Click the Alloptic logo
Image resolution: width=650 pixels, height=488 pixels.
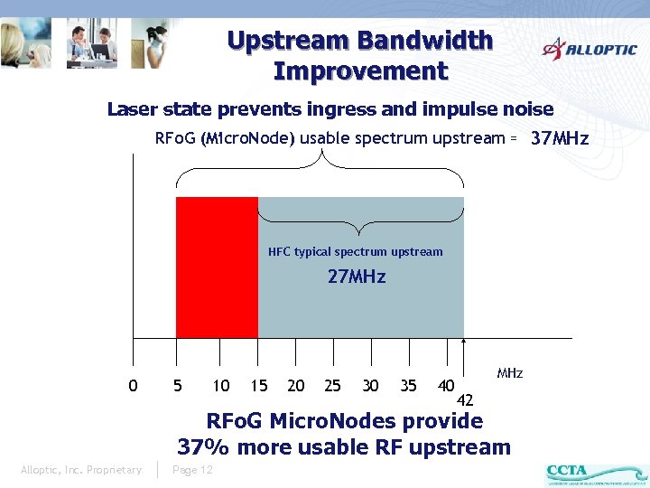(x=589, y=48)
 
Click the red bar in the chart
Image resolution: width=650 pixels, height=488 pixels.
(x=217, y=267)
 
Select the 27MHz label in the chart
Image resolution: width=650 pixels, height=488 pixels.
(x=357, y=277)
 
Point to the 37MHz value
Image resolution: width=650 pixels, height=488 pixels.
(x=560, y=138)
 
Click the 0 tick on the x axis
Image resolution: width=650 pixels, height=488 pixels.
(x=134, y=386)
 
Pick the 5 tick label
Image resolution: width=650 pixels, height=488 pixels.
(x=178, y=386)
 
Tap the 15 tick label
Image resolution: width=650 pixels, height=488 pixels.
(x=259, y=386)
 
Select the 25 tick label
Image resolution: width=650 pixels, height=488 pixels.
(x=332, y=386)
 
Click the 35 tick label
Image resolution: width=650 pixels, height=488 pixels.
(x=408, y=386)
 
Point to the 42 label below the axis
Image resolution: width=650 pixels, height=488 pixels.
(x=466, y=400)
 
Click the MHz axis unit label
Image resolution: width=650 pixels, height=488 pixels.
(x=510, y=372)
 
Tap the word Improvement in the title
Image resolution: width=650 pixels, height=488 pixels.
(x=360, y=70)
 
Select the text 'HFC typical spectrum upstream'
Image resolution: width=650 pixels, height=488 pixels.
(x=356, y=252)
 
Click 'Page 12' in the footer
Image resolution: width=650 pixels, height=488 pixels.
(x=192, y=470)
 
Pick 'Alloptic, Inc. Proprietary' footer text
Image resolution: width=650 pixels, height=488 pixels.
(x=81, y=470)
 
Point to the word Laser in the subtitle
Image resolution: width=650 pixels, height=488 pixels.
(x=134, y=109)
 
